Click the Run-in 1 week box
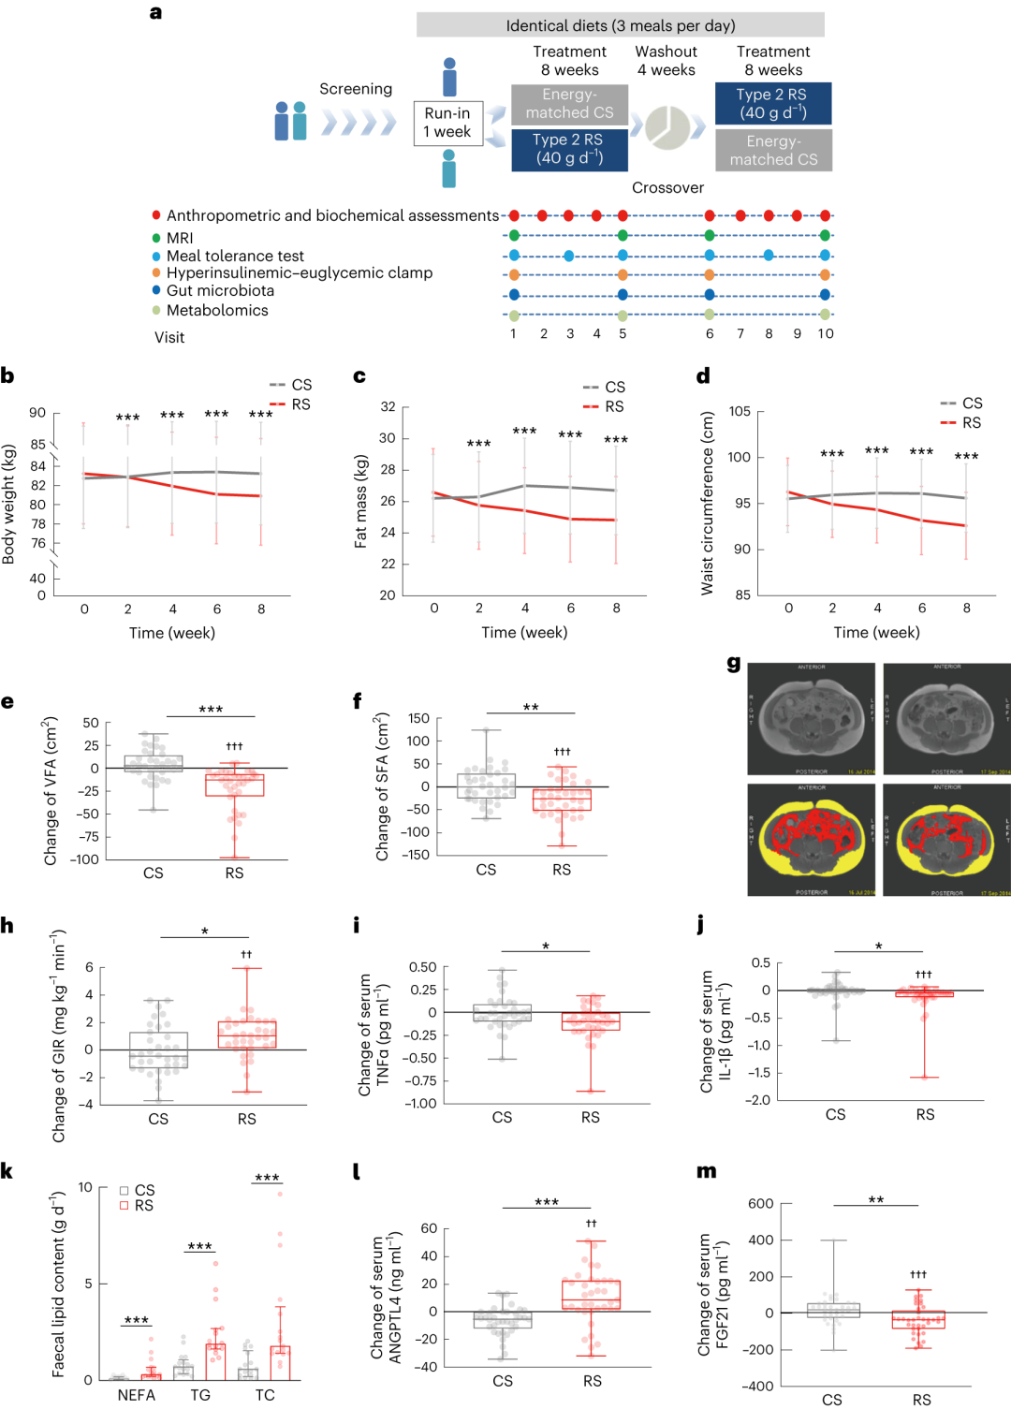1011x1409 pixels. pos(447,123)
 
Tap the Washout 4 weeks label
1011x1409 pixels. pos(666,61)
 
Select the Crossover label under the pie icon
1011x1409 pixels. pos(667,187)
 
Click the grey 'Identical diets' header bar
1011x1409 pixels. pos(620,25)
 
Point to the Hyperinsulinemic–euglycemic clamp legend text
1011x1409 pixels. pos(300,273)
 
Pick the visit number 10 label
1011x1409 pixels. pos(825,333)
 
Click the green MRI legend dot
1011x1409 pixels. pos(156,239)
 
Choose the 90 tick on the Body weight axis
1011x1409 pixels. pos(37,413)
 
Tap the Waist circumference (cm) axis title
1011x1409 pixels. pos(708,503)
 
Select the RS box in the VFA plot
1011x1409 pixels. pos(235,785)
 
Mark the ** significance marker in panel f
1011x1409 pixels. pos(531,708)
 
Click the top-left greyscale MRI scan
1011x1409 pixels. pos(811,719)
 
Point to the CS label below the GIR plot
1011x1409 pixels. pos(158,1119)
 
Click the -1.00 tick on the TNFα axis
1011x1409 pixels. pos(420,1104)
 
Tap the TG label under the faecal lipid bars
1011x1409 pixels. pos(200,1395)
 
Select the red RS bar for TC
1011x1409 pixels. pos(280,1362)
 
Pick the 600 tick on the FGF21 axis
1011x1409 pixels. pos(760,1204)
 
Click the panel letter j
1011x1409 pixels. pos(701,926)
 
